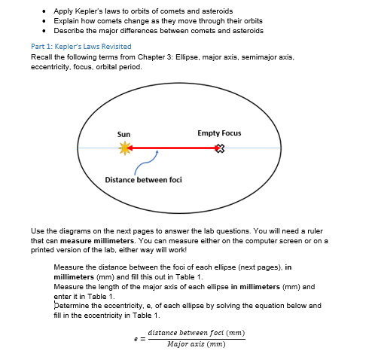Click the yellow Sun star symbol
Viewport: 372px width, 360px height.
tap(124, 149)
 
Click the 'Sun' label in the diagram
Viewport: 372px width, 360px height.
tap(123, 134)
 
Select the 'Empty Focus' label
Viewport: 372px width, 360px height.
tap(219, 133)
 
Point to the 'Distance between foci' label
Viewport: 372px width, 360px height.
tap(143, 180)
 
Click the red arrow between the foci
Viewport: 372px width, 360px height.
tap(172, 148)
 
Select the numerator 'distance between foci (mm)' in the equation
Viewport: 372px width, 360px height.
tap(197, 332)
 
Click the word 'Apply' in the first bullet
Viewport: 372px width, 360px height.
tap(64, 11)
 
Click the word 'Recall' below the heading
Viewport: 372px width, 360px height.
tap(41, 57)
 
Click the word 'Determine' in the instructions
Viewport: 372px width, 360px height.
tap(76, 306)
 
